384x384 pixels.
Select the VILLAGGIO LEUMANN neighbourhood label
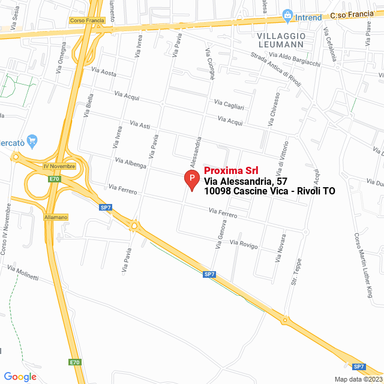pos(281,40)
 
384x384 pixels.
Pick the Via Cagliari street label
pos(229,104)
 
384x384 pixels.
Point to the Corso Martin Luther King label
pos(363,265)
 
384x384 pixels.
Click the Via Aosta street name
pos(104,72)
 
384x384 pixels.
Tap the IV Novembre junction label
pos(59,166)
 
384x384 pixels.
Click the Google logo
pos(20,376)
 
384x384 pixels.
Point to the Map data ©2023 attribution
pos(358,379)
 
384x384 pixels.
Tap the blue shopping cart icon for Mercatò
pos(33,140)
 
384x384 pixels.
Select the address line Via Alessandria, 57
pos(246,181)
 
